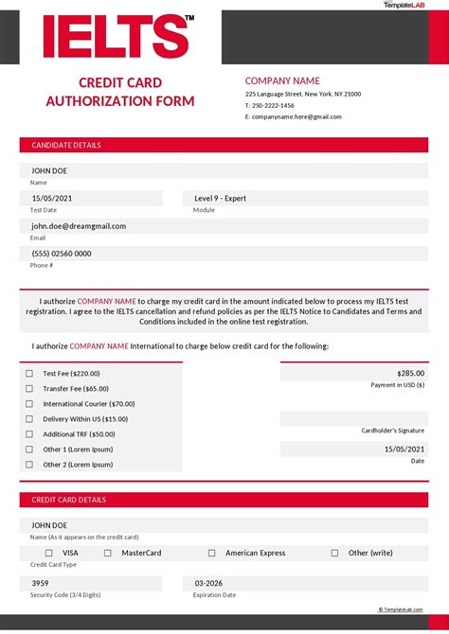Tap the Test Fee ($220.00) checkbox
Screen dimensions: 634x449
29,374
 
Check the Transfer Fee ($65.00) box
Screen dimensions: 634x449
29,389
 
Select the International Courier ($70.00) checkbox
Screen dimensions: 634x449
29,404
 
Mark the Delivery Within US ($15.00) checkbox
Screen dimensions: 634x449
29,419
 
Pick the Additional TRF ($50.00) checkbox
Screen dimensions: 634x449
29,434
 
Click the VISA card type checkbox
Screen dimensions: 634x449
48,553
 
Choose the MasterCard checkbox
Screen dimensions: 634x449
108,553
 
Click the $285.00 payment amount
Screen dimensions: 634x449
410,374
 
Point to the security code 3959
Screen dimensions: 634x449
41,583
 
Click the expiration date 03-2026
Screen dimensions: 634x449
209,583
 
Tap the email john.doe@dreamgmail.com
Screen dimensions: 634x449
79,226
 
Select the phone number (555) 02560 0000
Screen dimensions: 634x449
62,254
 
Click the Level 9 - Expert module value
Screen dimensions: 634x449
220,198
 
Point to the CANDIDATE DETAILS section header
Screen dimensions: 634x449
66,146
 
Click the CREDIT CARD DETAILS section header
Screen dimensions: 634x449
69,500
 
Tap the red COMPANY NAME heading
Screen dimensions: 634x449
282,81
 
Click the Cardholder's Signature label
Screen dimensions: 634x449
393,431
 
